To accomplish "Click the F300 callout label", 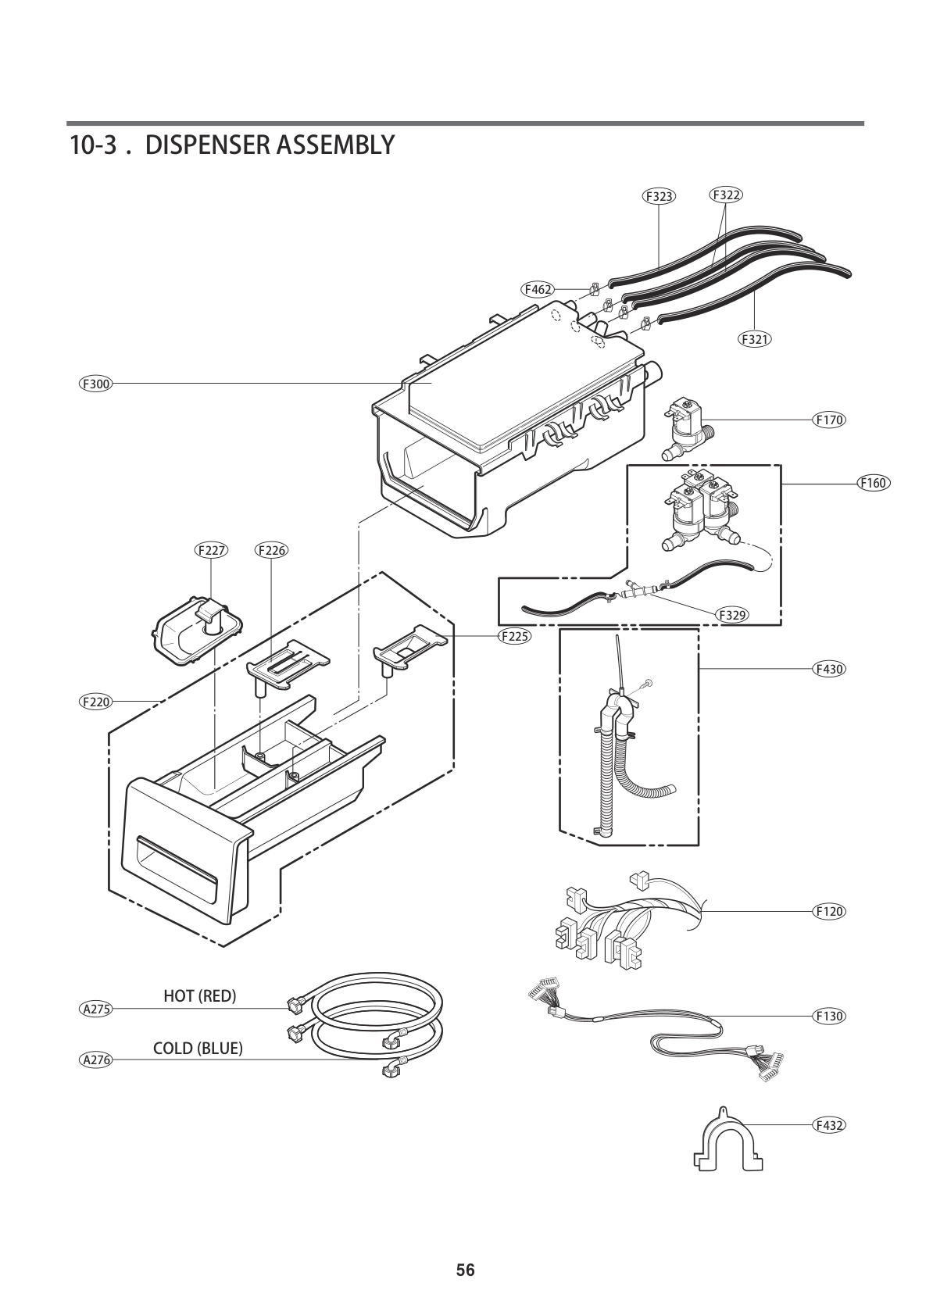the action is point(96,384).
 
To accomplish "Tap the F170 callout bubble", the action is point(829,420).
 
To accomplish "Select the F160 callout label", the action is point(873,483).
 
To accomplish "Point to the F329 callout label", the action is point(732,615).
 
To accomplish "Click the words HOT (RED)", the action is point(199,995).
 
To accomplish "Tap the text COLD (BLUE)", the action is point(198,1049).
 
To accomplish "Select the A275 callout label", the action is point(97,1009).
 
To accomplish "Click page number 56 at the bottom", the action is point(466,1270).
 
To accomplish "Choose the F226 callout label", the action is point(271,550).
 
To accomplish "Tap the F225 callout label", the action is point(514,636).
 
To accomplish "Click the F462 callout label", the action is point(538,289).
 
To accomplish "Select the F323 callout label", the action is point(659,196).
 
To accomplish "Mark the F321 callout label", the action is point(754,339).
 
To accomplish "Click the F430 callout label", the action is point(829,669).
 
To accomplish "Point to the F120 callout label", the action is point(829,911).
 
